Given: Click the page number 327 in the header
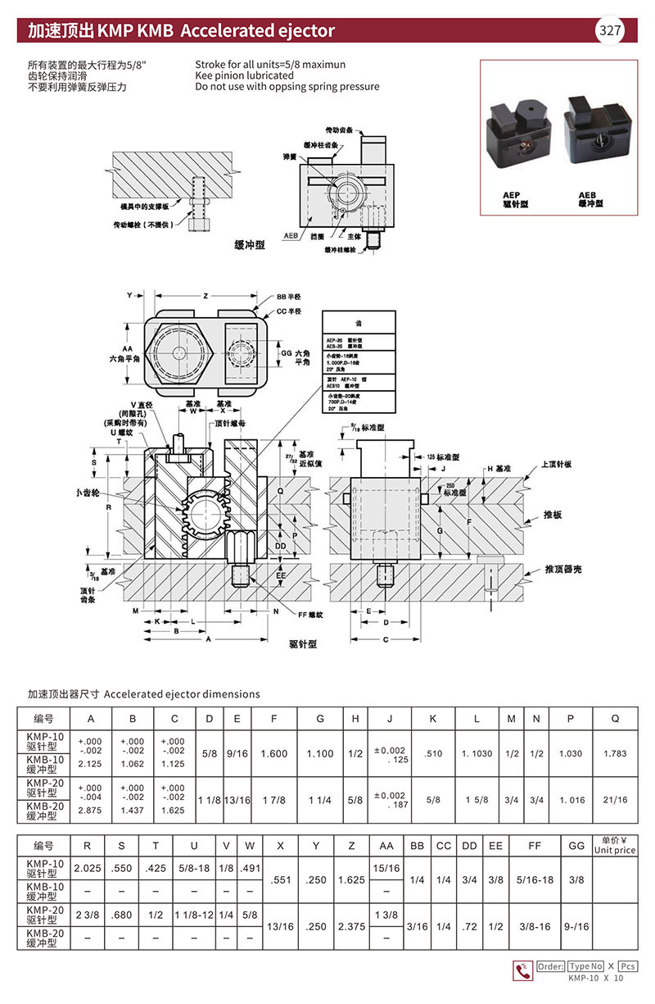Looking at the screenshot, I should pos(610,31).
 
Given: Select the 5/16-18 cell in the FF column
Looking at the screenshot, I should pos(535,880).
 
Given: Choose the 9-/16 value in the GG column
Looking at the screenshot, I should pos(576,926).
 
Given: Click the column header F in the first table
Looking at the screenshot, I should pos(274,719).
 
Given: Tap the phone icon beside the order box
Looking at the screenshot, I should pos(521,970).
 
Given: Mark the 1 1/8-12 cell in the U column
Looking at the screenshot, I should pos(194,915).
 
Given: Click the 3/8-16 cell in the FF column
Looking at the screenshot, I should pos(535,926).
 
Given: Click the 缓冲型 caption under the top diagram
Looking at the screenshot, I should pos(249,245).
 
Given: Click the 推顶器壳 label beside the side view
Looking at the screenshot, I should pos(563,568).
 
